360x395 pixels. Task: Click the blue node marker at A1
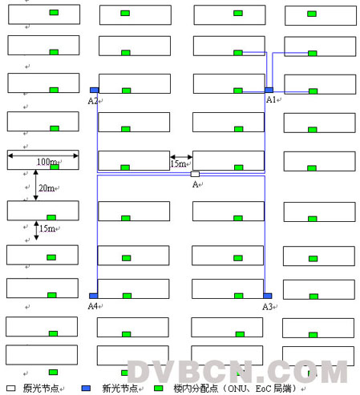(269, 90)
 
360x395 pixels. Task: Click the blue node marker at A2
(94, 90)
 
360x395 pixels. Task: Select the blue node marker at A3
(268, 296)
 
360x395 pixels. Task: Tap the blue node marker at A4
(93, 296)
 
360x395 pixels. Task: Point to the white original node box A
(195, 174)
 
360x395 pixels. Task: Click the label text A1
(271, 99)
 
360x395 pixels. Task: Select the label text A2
(93, 101)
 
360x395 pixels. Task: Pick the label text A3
(267, 307)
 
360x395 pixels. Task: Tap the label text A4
(93, 306)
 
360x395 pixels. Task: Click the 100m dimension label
(47, 162)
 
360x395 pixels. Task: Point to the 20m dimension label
(47, 188)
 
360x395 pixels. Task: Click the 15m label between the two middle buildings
(178, 163)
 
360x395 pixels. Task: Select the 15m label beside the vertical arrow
(47, 228)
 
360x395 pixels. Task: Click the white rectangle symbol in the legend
(10, 388)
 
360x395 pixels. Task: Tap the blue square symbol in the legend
(86, 388)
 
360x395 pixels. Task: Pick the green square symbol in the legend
(159, 388)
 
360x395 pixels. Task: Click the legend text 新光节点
(119, 388)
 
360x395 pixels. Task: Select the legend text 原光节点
(41, 388)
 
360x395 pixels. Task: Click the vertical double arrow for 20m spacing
(35, 185)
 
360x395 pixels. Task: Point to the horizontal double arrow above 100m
(43, 155)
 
